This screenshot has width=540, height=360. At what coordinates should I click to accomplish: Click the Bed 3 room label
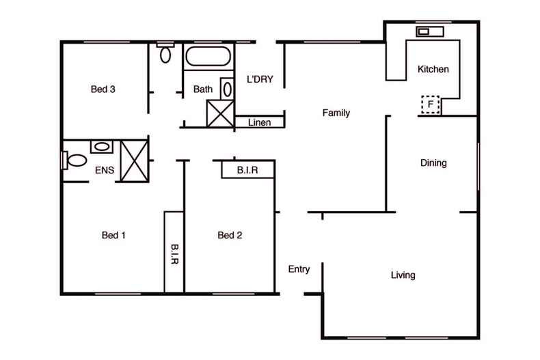103,89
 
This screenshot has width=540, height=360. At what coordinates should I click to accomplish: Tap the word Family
336,113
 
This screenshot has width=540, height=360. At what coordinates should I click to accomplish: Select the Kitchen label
433,69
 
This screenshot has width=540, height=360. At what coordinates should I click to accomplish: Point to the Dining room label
433,163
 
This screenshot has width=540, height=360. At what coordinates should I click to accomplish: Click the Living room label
403,275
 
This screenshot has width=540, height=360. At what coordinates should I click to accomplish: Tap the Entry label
299,269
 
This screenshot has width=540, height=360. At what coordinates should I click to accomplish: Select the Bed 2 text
230,236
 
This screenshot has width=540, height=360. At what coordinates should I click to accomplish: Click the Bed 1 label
114,236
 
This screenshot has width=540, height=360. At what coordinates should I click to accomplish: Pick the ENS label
104,170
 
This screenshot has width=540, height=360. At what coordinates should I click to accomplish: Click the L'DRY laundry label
260,79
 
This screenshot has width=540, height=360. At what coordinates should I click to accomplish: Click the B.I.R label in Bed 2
247,169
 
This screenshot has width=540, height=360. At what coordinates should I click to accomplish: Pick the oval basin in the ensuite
103,146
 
